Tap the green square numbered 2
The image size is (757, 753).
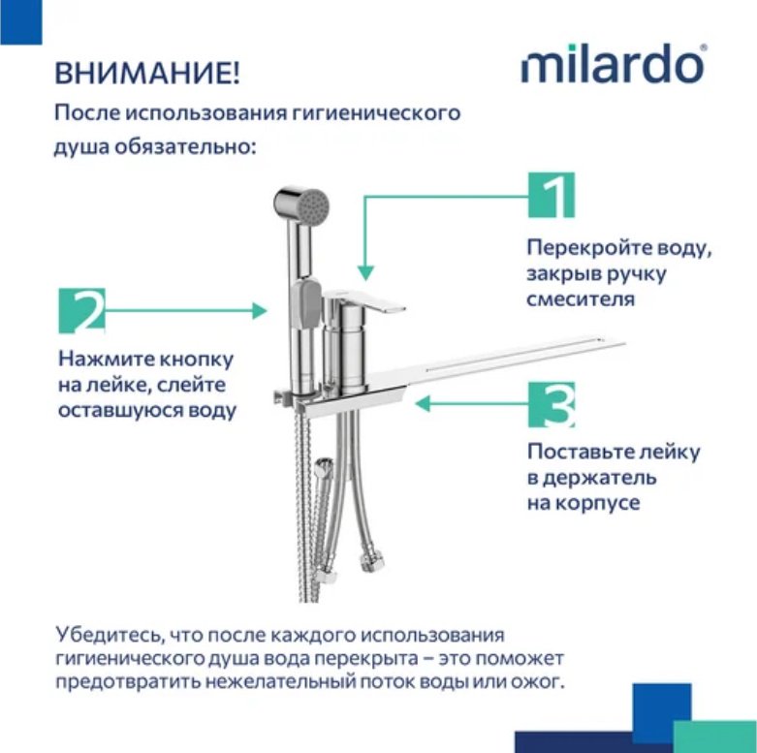tap(83, 311)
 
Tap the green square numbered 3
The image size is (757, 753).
tap(552, 404)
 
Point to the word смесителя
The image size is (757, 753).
tap(582, 299)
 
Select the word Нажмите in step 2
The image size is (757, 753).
tap(96, 360)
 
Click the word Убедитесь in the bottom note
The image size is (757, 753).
tap(106, 636)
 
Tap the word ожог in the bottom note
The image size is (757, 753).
tap(540, 683)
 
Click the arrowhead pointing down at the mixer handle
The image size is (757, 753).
tap(363, 270)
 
